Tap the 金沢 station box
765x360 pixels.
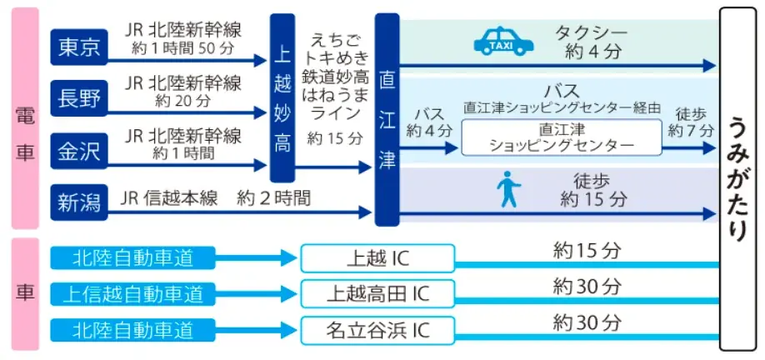pos(78,150)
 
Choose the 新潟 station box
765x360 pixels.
pos(78,201)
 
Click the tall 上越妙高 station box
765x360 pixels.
pos(282,97)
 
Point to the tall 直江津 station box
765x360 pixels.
pos(387,119)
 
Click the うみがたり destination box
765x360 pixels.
pos(739,180)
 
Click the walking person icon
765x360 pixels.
pos(507,189)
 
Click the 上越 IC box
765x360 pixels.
pos(377,258)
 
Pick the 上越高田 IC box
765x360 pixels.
pos(377,293)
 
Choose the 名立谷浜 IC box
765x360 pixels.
pos(377,330)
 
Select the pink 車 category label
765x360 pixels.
pos(25,293)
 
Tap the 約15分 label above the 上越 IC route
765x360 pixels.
pos(587,249)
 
